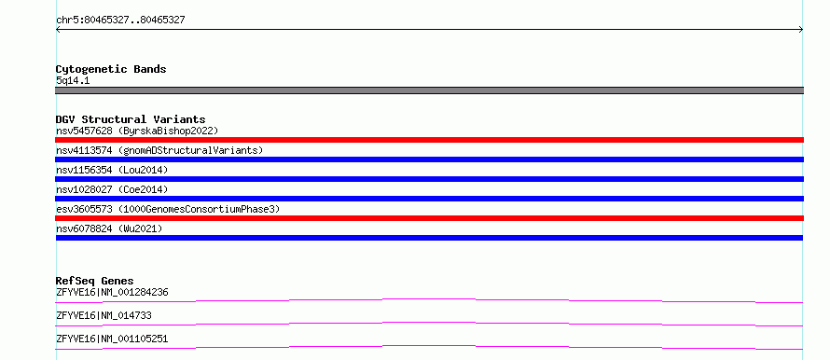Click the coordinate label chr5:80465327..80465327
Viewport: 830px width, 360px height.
120,21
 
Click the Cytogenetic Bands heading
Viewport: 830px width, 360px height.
111,69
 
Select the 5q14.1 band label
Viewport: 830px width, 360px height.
73,81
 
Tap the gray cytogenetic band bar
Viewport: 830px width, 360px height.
429,90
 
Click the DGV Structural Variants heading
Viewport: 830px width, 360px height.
131,119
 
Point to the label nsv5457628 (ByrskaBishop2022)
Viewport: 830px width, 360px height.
137,131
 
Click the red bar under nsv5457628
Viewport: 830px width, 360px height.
429,140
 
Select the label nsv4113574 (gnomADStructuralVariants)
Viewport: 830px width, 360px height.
159,150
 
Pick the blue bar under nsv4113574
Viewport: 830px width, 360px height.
429,159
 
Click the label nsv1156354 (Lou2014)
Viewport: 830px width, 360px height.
112,170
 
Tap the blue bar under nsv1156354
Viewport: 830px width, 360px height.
429,179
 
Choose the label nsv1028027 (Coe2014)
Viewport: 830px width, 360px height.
112,189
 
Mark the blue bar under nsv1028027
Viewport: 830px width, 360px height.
429,199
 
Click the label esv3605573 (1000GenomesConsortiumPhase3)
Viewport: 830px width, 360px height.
168,209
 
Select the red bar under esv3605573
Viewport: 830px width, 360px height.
429,218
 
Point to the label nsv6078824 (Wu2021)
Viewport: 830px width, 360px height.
109,228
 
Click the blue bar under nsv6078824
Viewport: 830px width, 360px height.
429,238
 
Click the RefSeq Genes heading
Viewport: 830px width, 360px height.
95,281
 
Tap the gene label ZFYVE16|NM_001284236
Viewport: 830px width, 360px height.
112,292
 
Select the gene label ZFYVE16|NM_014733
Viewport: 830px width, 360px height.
104,315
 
